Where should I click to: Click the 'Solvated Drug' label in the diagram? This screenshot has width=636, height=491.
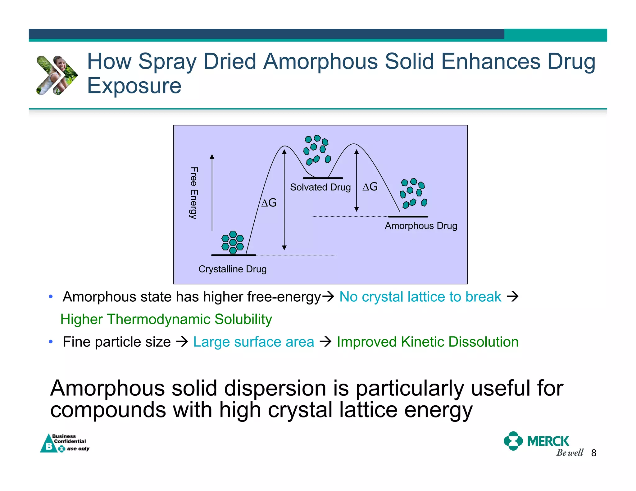[x=320, y=187]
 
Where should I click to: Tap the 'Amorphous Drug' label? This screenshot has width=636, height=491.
[x=421, y=226]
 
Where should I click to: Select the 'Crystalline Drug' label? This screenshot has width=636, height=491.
[x=232, y=269]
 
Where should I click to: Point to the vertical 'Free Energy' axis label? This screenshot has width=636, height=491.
[x=194, y=193]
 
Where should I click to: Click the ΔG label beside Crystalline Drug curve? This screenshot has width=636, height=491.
[x=269, y=203]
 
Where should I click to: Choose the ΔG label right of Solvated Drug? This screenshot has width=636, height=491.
[x=370, y=187]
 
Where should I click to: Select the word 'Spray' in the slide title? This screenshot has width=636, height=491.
[x=167, y=62]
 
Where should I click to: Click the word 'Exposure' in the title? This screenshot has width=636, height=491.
[x=134, y=86]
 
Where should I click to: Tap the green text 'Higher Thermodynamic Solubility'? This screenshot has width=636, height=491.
[x=166, y=319]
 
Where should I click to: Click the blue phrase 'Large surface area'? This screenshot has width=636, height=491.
[x=253, y=342]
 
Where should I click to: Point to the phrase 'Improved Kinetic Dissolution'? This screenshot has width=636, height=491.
[x=428, y=342]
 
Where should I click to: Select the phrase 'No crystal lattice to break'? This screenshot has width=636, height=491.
[x=420, y=297]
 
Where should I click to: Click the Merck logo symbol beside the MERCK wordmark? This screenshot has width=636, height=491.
[x=513, y=441]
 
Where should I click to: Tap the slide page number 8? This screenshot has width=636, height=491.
[x=594, y=453]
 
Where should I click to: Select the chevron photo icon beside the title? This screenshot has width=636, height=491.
[x=57, y=75]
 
